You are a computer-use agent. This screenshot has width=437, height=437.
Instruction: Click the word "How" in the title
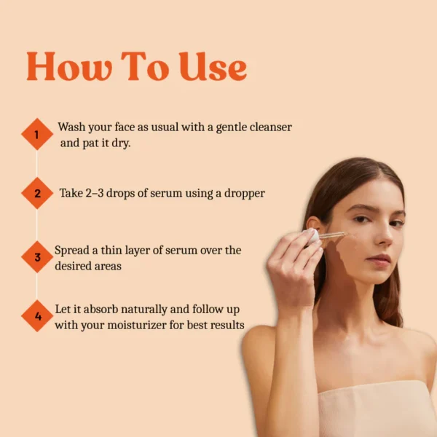(x=69, y=66)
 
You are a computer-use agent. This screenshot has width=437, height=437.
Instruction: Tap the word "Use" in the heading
(x=213, y=66)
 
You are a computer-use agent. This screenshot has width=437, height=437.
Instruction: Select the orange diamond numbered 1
(x=37, y=134)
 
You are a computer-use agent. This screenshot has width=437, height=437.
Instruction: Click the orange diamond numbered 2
(x=37, y=193)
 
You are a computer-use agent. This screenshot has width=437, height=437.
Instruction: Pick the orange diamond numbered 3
(x=37, y=256)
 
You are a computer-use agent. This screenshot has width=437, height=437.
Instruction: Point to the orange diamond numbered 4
(x=37, y=316)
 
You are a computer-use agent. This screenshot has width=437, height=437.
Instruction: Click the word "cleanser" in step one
(x=271, y=127)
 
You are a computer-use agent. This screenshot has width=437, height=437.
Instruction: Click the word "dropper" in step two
(x=245, y=194)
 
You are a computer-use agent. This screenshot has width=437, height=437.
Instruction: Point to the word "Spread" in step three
(x=72, y=251)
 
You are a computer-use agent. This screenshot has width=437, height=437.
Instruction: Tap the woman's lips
(x=378, y=261)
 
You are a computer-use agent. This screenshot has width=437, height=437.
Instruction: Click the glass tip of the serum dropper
(x=345, y=234)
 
